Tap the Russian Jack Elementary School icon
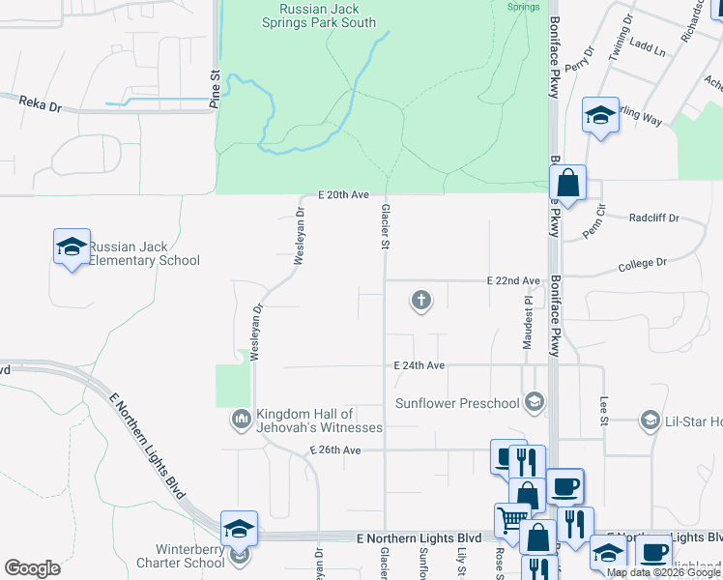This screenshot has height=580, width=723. (x=72, y=248)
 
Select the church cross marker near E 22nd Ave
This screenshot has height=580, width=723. (x=420, y=301)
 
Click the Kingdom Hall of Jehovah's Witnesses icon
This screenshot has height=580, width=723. (x=240, y=419)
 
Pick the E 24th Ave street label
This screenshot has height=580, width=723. (x=419, y=365)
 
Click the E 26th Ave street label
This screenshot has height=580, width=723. (x=334, y=450)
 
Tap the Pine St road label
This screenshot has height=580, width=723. (x=216, y=86)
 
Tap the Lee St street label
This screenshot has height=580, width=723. (x=604, y=409)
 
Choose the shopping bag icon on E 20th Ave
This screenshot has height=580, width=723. (x=568, y=182)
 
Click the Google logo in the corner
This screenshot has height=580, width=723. (x=32, y=568)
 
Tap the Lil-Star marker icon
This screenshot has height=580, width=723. (x=650, y=420)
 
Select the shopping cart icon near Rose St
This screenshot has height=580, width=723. (x=512, y=521)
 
